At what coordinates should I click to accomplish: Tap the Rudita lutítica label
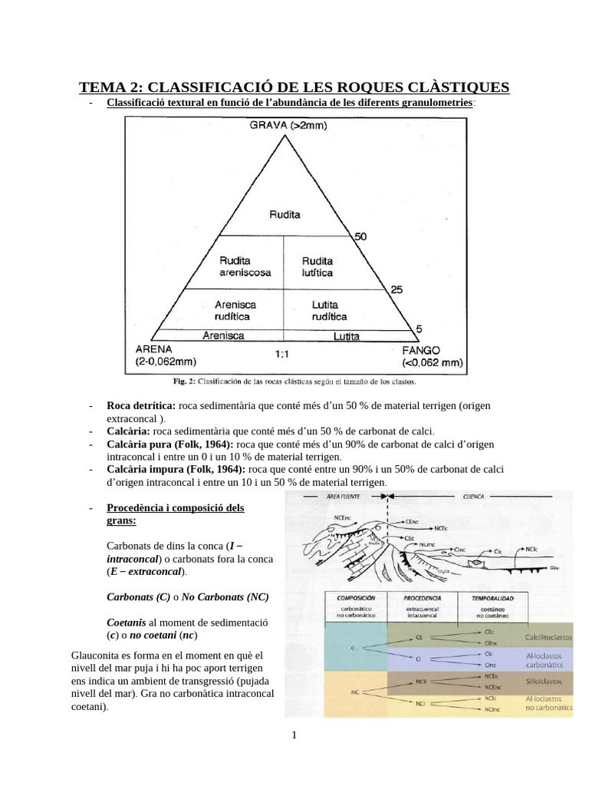click(318, 266)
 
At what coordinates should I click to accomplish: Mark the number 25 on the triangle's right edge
click(397, 289)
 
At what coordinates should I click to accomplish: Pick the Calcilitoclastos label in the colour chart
click(548, 636)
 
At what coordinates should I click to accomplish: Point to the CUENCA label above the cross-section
click(474, 497)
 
